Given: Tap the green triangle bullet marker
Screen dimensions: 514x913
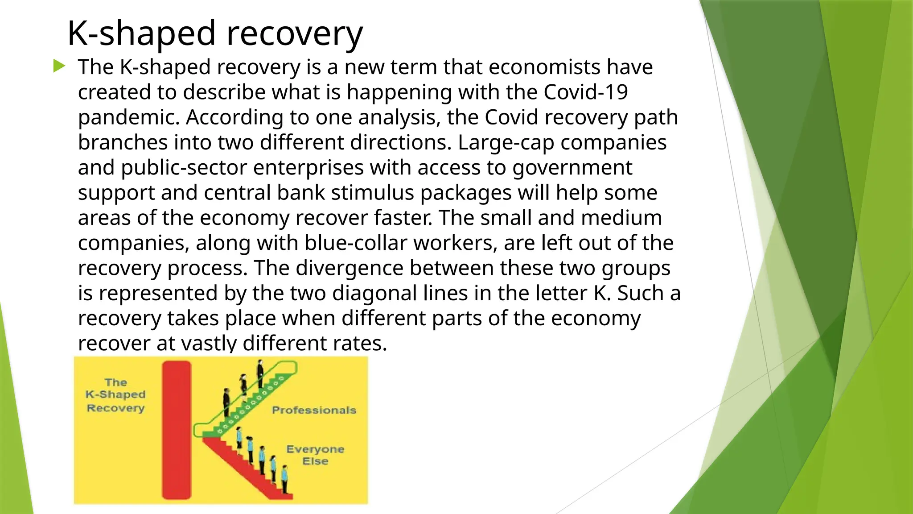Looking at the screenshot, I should [59, 66].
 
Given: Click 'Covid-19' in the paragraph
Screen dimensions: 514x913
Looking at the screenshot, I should [585, 92].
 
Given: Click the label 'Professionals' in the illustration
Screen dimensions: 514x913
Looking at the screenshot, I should [314, 410].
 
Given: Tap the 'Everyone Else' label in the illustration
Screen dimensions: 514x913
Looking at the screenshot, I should [315, 455].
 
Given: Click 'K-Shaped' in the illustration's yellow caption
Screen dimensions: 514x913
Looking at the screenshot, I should [115, 394].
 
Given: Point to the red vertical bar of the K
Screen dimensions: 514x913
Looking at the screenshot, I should [177, 430].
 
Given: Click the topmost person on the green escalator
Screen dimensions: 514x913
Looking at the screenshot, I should [260, 373].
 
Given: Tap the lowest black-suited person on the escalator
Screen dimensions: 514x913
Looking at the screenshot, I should [226, 402].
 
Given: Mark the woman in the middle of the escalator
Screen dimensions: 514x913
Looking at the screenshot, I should [244, 385].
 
